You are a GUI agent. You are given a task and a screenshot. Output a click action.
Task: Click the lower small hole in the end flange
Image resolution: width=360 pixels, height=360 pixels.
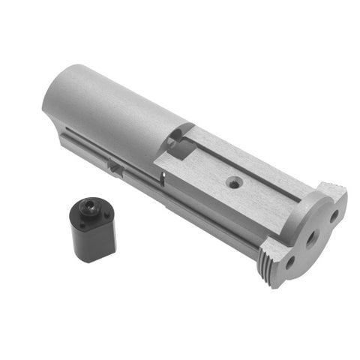(289, 263)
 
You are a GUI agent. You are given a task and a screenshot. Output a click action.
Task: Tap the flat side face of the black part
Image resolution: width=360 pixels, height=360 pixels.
(93, 240)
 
